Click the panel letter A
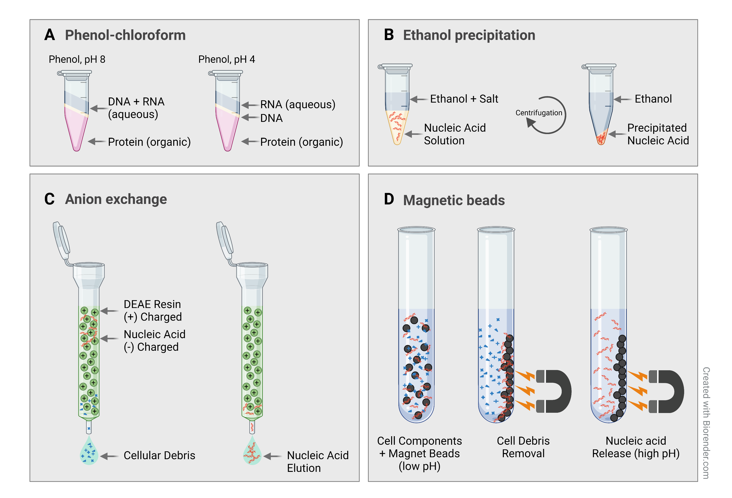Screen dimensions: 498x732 point(50,35)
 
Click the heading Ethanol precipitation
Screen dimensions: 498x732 point(469,35)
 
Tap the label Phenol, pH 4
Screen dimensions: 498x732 point(226,59)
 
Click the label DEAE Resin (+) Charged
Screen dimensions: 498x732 point(152,310)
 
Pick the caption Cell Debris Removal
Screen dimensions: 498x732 point(523,447)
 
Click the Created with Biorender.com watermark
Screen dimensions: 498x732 point(706,422)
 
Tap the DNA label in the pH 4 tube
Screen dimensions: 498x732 point(271,118)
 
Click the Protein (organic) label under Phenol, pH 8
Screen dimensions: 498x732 point(149,142)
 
